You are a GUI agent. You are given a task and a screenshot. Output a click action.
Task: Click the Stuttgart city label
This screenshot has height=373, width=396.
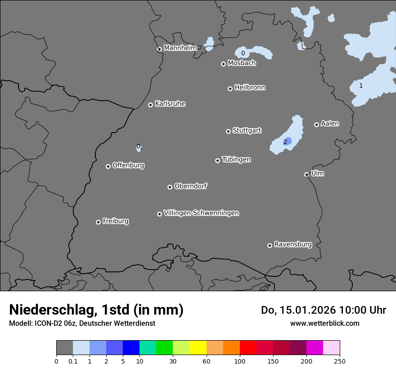click(247, 130)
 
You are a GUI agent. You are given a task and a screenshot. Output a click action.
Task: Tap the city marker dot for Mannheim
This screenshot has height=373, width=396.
click(159, 49)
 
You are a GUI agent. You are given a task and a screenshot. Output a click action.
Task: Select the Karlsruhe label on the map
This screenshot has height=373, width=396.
click(170, 104)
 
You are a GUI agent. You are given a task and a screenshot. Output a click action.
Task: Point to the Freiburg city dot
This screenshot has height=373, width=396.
click(98, 222)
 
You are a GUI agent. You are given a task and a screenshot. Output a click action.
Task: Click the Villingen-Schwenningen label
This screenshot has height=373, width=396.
click(201, 213)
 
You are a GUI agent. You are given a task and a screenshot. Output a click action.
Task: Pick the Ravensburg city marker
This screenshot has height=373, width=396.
click(270, 245)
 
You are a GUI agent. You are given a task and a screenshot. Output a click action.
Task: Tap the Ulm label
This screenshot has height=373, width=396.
click(317, 173)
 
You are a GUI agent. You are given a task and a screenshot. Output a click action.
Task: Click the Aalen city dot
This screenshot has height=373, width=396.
click(316, 124)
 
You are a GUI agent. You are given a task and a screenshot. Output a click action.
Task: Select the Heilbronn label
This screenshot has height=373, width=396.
click(250, 88)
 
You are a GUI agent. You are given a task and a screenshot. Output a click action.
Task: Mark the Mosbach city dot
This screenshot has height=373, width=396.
click(223, 64)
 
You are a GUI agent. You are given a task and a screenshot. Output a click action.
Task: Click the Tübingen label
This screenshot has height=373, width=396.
click(236, 160)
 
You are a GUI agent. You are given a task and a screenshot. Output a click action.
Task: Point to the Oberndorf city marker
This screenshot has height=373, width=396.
click(170, 187)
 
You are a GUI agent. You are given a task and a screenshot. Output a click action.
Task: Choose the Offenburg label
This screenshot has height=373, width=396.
click(128, 165)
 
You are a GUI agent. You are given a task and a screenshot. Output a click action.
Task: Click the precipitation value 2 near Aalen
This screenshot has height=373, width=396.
click(285, 142)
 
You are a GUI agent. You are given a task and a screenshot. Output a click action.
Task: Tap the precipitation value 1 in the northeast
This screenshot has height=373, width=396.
click(361, 85)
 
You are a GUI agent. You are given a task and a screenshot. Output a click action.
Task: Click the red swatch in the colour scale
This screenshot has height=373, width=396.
click(248, 348)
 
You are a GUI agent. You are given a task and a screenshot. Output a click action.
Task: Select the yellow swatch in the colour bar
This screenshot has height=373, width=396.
click(198, 348)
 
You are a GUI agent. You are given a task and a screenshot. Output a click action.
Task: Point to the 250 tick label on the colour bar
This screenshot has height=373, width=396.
click(340, 360)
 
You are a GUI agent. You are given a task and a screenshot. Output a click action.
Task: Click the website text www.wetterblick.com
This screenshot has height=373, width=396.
click(324, 323)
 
